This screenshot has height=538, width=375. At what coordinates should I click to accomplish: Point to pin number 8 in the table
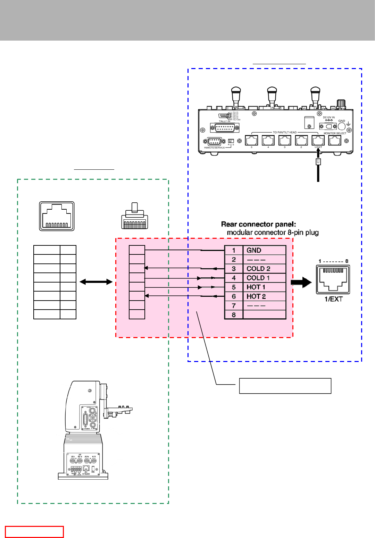[234, 315]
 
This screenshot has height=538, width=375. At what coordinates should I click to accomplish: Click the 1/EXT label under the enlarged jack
[333, 299]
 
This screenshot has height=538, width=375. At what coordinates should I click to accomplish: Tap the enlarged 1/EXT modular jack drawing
[333, 279]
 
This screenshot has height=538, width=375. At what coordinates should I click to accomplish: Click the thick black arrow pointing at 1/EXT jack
[301, 282]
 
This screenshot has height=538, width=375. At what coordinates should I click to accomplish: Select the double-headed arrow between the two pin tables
[96, 282]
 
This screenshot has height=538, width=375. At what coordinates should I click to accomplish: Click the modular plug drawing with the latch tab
[135, 217]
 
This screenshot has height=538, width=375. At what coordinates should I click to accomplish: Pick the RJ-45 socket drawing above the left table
[57, 216]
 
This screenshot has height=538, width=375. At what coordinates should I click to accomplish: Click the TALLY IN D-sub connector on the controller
[225, 128]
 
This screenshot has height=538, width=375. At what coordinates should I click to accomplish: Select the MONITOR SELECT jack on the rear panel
[335, 140]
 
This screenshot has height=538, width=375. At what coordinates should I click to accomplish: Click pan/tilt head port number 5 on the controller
[251, 140]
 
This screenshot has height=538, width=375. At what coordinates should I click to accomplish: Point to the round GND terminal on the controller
[342, 126]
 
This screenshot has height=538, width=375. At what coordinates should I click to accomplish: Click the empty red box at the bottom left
[34, 532]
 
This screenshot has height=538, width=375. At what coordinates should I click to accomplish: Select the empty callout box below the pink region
[285, 386]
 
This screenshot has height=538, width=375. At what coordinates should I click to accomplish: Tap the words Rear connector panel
[258, 224]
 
